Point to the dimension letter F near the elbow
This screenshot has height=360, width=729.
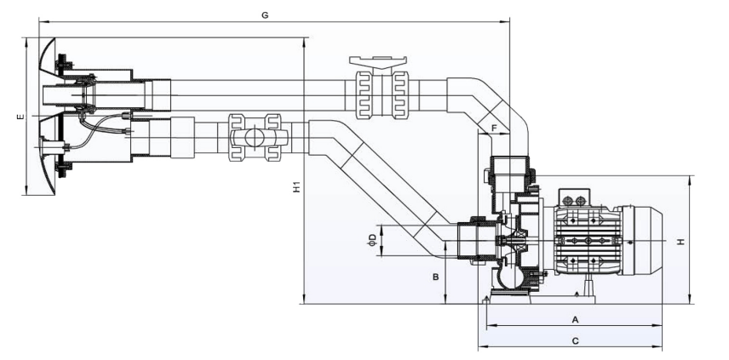pos(493,128)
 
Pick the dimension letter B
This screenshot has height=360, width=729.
pos(435,277)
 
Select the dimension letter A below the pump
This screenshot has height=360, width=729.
pos(575,319)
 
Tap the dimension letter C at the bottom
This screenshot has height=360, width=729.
pos(575,341)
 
